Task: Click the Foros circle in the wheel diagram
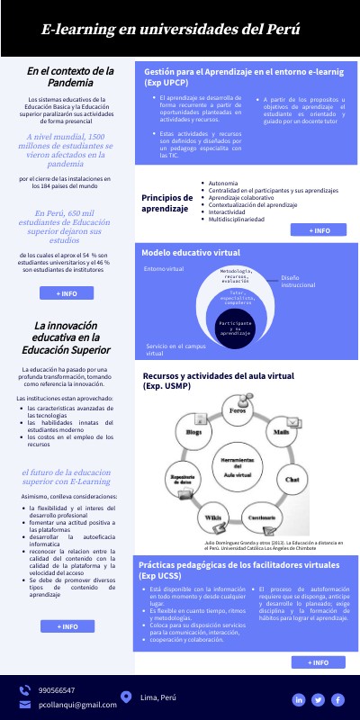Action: pyautogui.click(x=238, y=411)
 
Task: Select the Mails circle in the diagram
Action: pyautogui.click(x=281, y=433)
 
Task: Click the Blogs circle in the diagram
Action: pyautogui.click(x=193, y=433)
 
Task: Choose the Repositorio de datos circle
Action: pyautogui.click(x=183, y=480)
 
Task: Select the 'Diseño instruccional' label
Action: pyautogui.click(x=298, y=282)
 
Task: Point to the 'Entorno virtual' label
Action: pyautogui.click(x=164, y=269)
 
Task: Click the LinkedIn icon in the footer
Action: pyautogui.click(x=298, y=699)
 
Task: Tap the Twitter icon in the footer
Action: pyautogui.click(x=318, y=699)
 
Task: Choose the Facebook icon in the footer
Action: pyautogui.click(x=337, y=699)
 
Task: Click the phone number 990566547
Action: pyautogui.click(x=57, y=690)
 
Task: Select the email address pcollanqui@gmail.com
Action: pyautogui.click(x=77, y=705)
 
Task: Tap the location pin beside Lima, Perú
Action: pyautogui.click(x=126, y=697)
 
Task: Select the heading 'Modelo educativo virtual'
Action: pyautogui.click(x=191, y=252)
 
